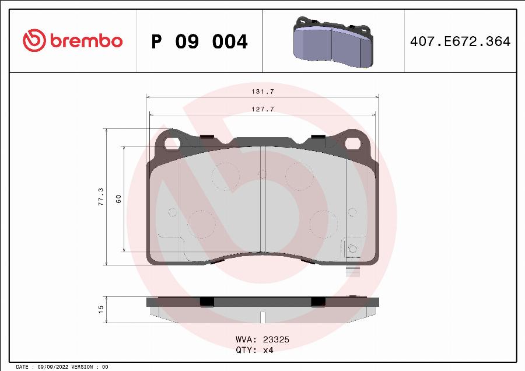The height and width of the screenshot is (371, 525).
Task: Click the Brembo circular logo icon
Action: point(34,41)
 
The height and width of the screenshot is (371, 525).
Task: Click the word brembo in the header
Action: point(86,41)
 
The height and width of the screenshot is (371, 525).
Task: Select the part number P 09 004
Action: point(199,42)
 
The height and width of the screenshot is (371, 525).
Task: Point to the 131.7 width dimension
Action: point(262,92)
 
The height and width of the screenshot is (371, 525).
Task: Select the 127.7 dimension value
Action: point(262,109)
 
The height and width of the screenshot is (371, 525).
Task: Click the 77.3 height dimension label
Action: point(101,197)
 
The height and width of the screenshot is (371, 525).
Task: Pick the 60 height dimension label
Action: point(118,199)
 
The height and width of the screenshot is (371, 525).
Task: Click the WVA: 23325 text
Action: point(262,339)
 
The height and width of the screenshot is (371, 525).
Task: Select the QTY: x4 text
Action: point(254,350)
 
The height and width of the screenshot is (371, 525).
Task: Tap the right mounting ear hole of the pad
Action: point(353,142)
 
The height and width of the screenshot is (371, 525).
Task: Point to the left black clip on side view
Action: point(206,301)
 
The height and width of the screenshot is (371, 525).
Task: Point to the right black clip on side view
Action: point(318,301)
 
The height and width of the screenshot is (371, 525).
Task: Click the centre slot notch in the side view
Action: point(262,317)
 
